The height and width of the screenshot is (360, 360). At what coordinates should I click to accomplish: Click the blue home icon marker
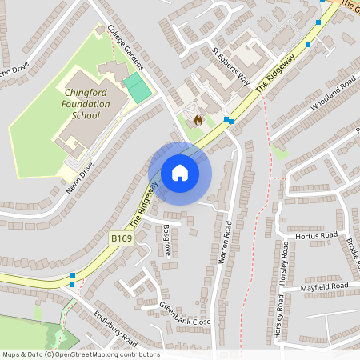click(179, 173)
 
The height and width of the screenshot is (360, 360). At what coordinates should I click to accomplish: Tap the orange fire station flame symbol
click(198, 119)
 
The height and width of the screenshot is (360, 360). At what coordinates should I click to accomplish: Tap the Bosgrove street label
click(166, 240)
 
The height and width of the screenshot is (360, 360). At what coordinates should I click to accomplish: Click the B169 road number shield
click(121, 238)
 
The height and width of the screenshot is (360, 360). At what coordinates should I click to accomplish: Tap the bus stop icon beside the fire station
click(228, 121)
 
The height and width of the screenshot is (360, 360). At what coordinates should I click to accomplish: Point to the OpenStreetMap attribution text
click(81, 354)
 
